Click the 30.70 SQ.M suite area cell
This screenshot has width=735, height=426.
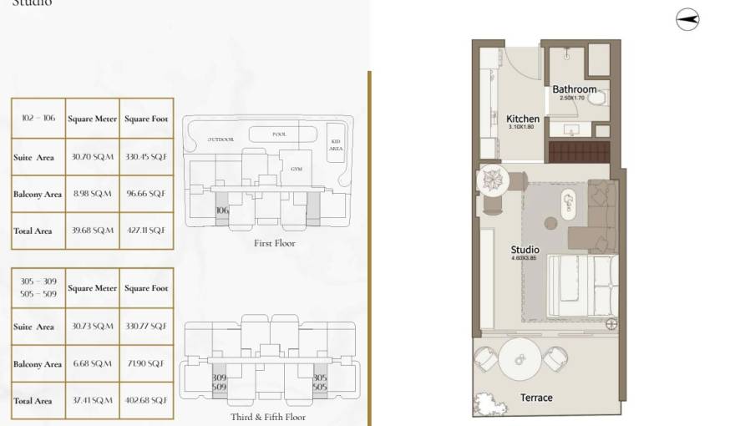pyautogui.click(x=92, y=156)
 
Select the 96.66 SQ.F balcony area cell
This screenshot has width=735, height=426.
pyautogui.click(x=146, y=193)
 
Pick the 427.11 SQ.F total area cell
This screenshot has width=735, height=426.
pyautogui.click(x=146, y=230)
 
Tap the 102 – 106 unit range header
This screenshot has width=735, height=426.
pyautogui.click(x=38, y=119)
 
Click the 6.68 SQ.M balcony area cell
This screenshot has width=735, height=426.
pyautogui.click(x=92, y=363)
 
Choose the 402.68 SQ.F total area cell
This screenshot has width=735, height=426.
pyautogui.click(x=146, y=400)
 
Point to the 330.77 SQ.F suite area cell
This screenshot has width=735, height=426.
pyautogui.click(x=146, y=327)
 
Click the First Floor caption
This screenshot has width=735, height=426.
pyautogui.click(x=275, y=244)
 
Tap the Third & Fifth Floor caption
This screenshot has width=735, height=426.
pyautogui.click(x=268, y=417)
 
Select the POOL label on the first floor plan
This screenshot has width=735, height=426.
pyautogui.click(x=280, y=134)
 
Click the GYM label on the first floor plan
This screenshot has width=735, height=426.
pyautogui.click(x=296, y=168)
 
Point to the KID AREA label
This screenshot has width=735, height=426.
pyautogui.click(x=336, y=144)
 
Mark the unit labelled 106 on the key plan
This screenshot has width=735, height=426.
pyautogui.click(x=221, y=211)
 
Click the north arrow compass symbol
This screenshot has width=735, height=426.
pyautogui.click(x=687, y=21)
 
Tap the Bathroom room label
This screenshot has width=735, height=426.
pyautogui.click(x=575, y=89)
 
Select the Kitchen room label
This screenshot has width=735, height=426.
pyautogui.click(x=523, y=119)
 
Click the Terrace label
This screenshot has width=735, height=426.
pyautogui.click(x=536, y=398)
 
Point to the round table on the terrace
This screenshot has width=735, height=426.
pyautogui.click(x=520, y=359)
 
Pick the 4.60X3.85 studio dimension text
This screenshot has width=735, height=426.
pyautogui.click(x=525, y=259)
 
